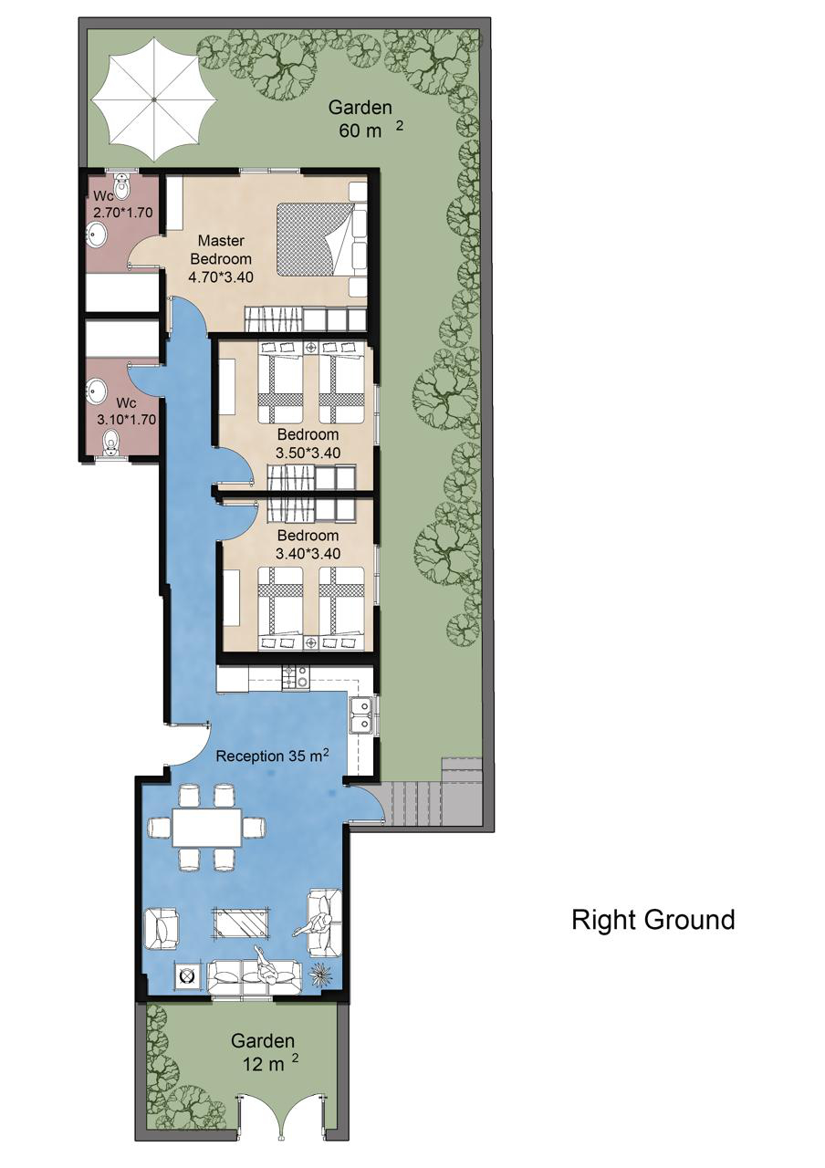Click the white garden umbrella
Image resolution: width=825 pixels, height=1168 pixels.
(154, 99)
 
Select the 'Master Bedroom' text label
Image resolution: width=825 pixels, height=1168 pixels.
(221, 250)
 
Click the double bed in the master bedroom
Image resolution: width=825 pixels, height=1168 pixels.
(321, 239)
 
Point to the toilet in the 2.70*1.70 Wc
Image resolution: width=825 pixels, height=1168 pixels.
(121, 185)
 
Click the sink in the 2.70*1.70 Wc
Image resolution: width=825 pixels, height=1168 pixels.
(97, 235)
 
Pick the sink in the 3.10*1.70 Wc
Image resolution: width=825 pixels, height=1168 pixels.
(97, 391)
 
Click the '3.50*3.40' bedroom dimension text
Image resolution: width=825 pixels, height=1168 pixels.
(308, 453)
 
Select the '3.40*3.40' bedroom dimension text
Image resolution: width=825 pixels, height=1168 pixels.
(308, 553)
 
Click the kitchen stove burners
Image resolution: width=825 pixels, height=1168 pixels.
(296, 678)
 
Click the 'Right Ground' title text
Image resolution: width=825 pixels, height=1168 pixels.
(653, 919)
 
